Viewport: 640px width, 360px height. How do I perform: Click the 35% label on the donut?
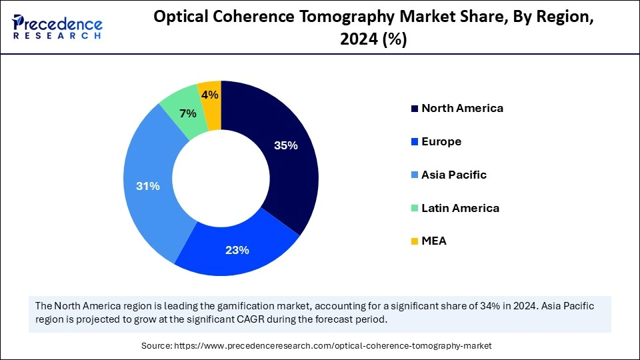pyautogui.click(x=285, y=145)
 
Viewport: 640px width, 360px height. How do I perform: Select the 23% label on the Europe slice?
pyautogui.click(x=237, y=250)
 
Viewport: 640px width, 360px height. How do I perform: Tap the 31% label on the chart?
pyautogui.click(x=147, y=186)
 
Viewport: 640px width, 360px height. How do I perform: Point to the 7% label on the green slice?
pyautogui.click(x=188, y=113)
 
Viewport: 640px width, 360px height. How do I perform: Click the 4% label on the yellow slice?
pyautogui.click(x=210, y=95)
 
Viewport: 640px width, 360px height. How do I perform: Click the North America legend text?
pyautogui.click(x=462, y=108)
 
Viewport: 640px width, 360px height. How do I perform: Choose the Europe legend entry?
pyautogui.click(x=441, y=141)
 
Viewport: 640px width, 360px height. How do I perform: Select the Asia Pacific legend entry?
pyautogui.click(x=454, y=175)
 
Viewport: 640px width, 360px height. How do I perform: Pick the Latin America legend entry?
pyautogui.click(x=460, y=208)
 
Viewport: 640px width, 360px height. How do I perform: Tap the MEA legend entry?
pyautogui.click(x=434, y=241)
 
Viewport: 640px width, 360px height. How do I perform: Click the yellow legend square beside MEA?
pyautogui.click(x=415, y=241)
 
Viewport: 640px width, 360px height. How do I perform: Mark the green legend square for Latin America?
pyautogui.click(x=415, y=209)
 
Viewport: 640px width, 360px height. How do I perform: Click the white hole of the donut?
pyautogui.click(x=221, y=179)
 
